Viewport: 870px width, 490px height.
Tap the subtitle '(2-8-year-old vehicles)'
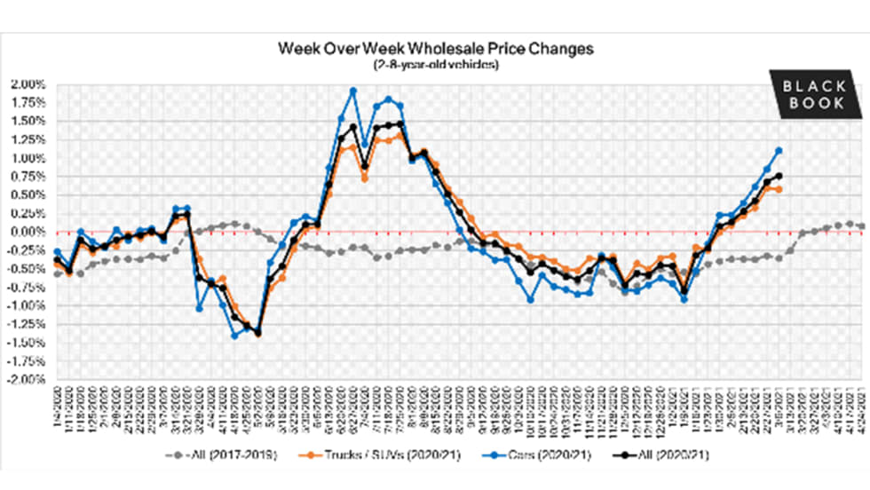coord(434,65)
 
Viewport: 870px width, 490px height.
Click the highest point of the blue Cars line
coord(353,91)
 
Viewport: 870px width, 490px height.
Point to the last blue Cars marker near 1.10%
coord(779,151)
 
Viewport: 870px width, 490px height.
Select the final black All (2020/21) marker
coord(779,176)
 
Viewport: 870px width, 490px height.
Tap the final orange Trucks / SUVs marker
coord(779,189)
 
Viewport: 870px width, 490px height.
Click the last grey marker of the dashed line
coord(862,226)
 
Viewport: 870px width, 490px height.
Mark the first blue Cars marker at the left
coord(58,252)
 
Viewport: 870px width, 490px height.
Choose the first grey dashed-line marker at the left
coord(58,274)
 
